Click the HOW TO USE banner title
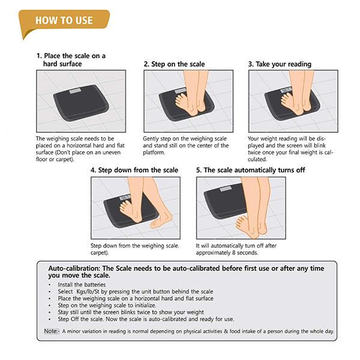coord(64,20)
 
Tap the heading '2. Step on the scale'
coord(174,64)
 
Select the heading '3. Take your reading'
coord(280,64)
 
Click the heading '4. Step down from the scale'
coord(134,170)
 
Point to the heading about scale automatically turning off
coord(250,170)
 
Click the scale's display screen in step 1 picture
coord(75,91)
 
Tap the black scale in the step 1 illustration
coord(81,103)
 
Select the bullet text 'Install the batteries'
coord(82,284)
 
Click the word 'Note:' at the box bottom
coord(52,331)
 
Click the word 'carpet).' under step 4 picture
coord(100,253)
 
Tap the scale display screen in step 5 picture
coord(226,190)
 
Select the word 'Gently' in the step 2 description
coord(151,139)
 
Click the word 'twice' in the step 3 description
coord(254,152)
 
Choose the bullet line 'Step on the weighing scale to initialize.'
coord(107,305)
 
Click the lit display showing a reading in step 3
coord(286,90)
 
